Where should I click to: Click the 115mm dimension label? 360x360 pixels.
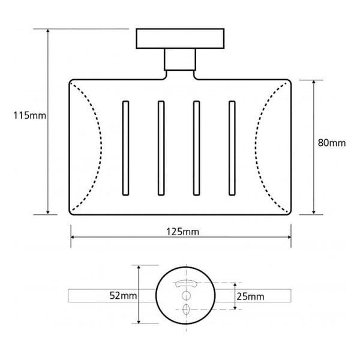(29, 115)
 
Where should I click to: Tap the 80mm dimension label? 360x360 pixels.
(332, 143)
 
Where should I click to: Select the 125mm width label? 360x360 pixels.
(182, 232)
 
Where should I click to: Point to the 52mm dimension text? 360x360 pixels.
(123, 295)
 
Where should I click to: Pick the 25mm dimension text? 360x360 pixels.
(250, 296)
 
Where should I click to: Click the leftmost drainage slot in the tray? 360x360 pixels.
(125, 148)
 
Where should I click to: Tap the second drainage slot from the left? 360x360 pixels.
(161, 148)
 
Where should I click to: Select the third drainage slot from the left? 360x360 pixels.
(197, 148)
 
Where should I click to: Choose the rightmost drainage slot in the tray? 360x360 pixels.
(232, 148)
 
